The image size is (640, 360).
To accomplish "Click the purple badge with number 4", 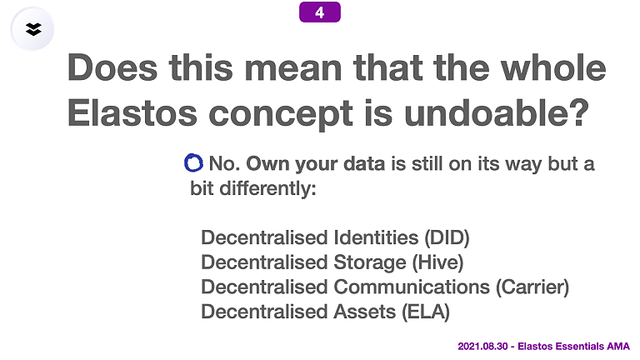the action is [x=320, y=12].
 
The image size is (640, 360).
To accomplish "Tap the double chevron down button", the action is [x=32, y=29].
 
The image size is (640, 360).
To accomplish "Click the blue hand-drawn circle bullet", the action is [x=193, y=162].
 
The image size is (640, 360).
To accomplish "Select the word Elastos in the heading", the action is [x=132, y=113].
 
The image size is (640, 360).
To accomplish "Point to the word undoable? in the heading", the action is [x=497, y=113].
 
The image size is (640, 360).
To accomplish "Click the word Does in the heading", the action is [x=112, y=67].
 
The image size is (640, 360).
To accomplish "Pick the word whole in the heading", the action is [x=553, y=67].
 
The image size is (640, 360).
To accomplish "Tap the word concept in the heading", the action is [x=281, y=115].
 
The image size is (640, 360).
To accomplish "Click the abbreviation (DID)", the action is [x=447, y=237].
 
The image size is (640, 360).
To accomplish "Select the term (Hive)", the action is [x=437, y=262].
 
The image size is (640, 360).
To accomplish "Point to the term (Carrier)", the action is [x=532, y=287].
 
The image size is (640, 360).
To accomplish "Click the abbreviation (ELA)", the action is [x=426, y=312].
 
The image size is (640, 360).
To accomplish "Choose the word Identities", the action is [x=376, y=237].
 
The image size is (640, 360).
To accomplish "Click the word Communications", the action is [x=412, y=287].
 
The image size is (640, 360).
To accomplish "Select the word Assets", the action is [x=364, y=312].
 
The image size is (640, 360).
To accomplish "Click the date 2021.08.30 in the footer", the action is [x=482, y=347].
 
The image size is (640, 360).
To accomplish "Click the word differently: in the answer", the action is [x=267, y=188].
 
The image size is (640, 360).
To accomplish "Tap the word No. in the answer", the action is [x=224, y=163].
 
